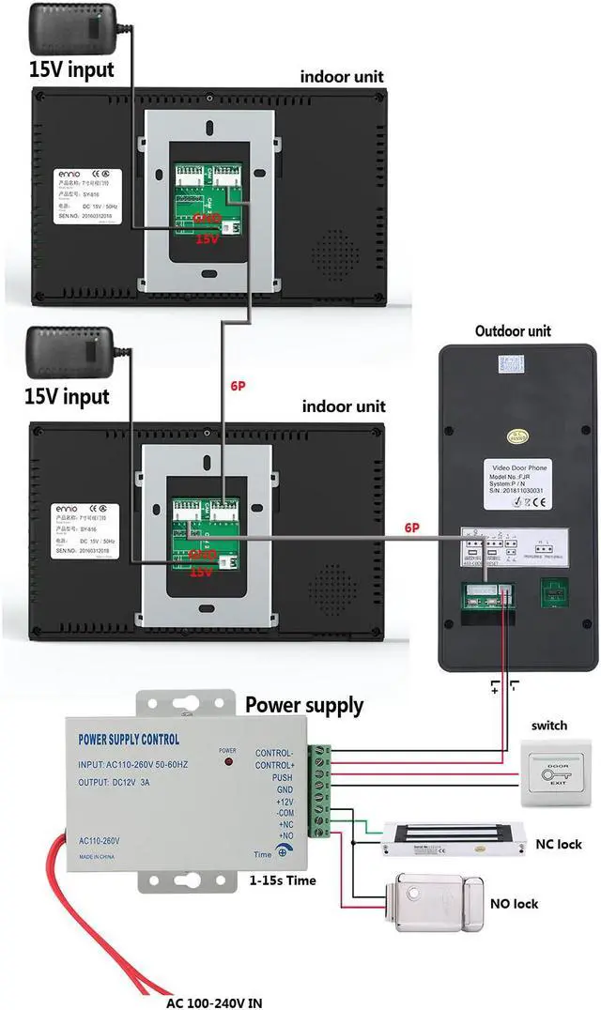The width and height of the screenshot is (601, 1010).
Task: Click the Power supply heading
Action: tap(303, 705)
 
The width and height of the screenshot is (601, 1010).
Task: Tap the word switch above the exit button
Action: tap(549, 726)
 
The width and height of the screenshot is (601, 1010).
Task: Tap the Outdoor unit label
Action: tap(513, 330)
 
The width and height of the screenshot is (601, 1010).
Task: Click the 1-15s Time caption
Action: tap(283, 880)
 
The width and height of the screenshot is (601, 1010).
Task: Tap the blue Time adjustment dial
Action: tap(281, 852)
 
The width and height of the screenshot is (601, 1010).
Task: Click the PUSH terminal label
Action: tap(282, 778)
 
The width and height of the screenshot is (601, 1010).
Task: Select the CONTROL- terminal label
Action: tap(274, 752)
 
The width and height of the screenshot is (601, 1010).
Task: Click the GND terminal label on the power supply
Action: tap(284, 791)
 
